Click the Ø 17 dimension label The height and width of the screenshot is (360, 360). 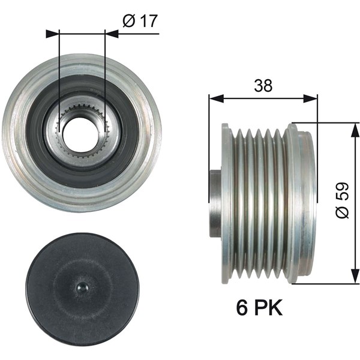[x=140, y=21]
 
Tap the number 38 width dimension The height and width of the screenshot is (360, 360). [x=263, y=85]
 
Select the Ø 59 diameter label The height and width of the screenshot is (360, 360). [x=342, y=200]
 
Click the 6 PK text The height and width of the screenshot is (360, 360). [x=259, y=308]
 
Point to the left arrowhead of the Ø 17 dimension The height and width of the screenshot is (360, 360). [x=53, y=34]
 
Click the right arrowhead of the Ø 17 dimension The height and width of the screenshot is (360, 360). [x=112, y=34]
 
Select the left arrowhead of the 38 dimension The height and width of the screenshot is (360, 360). [x=216, y=98]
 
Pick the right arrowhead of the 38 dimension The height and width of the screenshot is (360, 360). [x=310, y=98]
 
